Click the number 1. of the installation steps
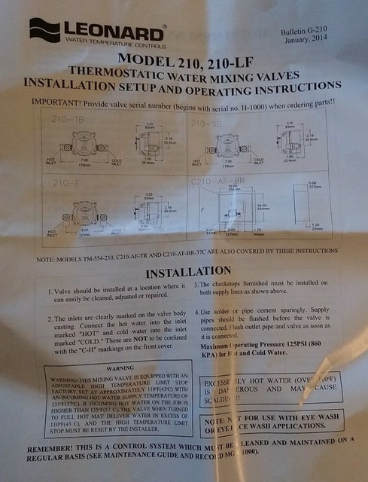(49, 291)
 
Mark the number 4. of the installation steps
(199, 310)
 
